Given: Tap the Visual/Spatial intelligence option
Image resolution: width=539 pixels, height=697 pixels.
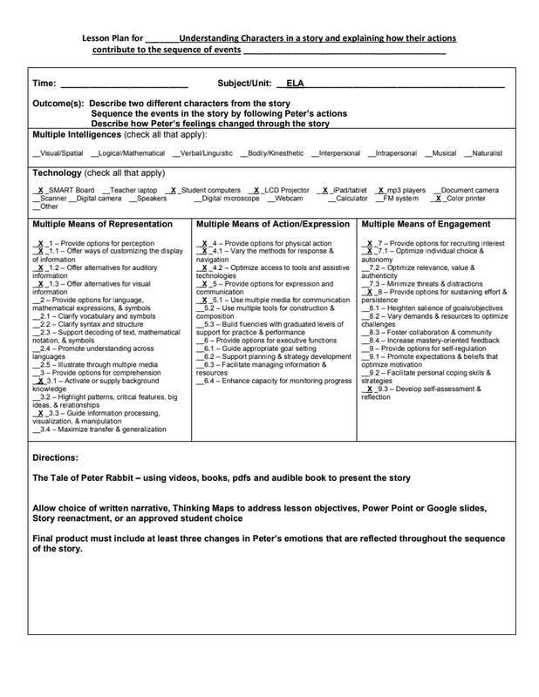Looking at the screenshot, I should click(x=59, y=153).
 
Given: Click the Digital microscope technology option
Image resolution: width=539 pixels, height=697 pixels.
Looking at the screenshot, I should click(x=229, y=199).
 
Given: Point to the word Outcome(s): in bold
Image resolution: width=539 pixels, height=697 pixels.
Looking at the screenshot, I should click(x=61, y=103).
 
